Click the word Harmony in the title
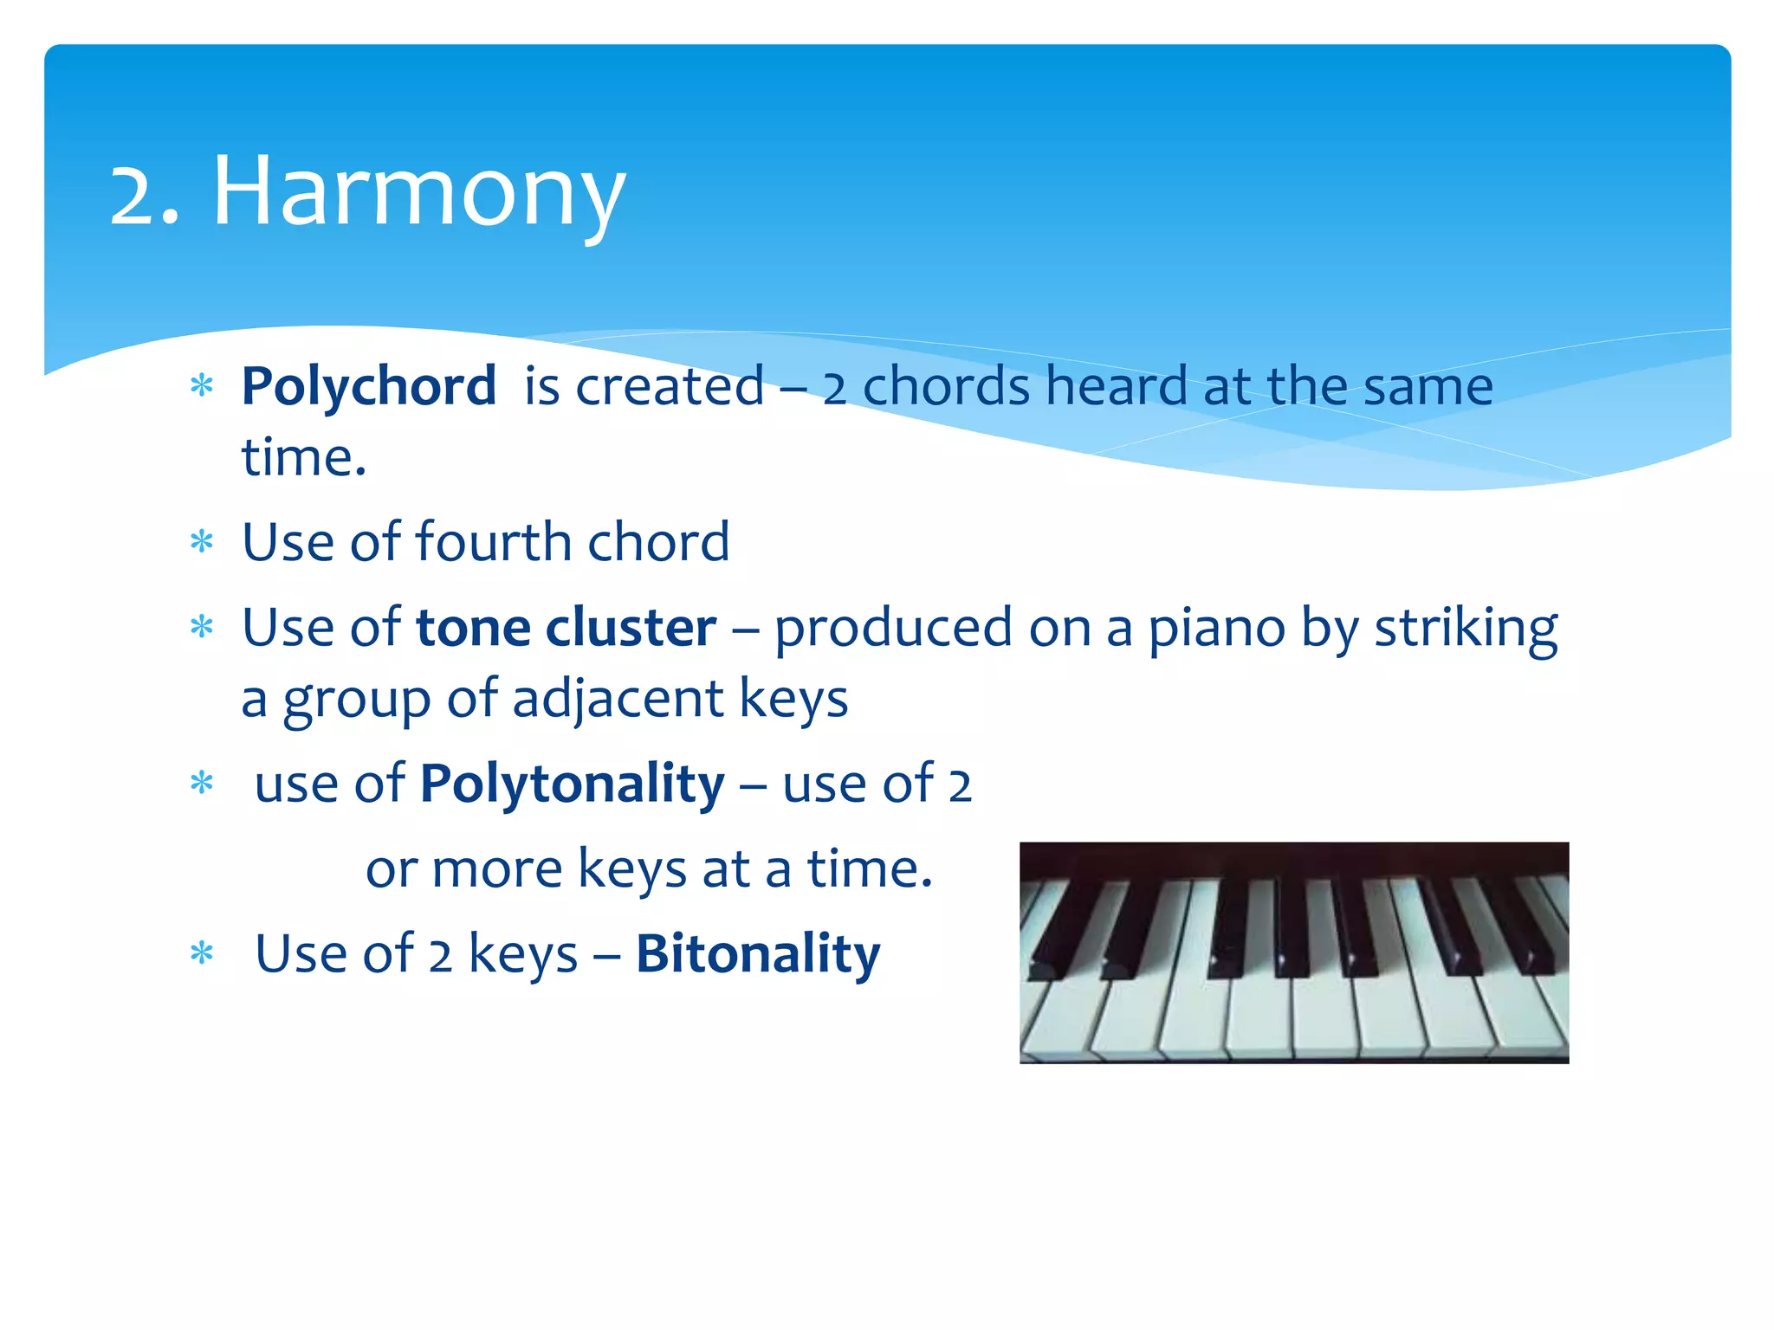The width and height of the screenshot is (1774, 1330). [x=418, y=192]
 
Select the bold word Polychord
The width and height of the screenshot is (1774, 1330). [x=368, y=386]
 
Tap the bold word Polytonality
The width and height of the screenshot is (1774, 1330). [x=572, y=784]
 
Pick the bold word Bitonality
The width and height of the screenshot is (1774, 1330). [x=758, y=954]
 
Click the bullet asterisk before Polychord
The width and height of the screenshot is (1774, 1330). [x=202, y=386]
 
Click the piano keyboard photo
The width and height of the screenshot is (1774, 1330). [x=1294, y=952]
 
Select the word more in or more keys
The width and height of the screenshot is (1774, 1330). [x=496, y=869]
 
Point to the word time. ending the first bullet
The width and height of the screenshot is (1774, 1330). [x=303, y=458]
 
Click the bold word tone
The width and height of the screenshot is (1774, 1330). [x=473, y=628]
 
